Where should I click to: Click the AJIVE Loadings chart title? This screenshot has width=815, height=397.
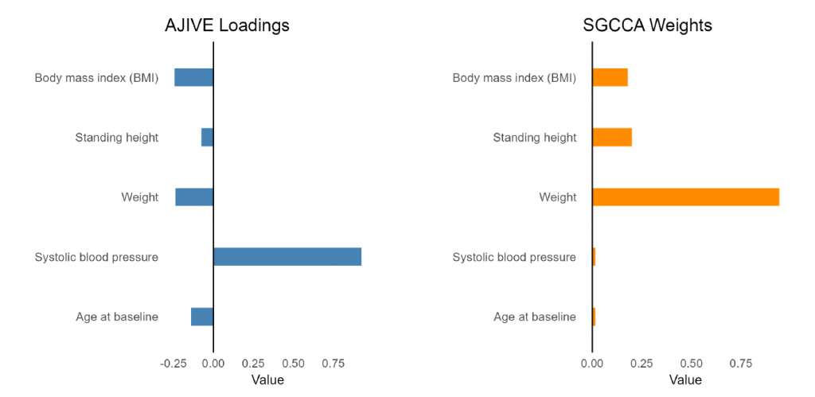227,25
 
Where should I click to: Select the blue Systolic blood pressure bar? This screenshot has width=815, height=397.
287,257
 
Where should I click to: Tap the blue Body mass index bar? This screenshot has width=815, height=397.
194,77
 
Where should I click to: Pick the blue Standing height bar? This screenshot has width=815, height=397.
208,137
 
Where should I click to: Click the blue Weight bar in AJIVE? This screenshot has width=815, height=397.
194,197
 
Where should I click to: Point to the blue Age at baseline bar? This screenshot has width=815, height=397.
202,317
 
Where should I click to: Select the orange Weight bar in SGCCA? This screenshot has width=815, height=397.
686,197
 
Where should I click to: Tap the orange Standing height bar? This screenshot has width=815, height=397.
612,137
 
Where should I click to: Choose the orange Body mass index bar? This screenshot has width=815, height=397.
610,77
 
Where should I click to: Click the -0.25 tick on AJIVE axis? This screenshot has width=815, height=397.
173,363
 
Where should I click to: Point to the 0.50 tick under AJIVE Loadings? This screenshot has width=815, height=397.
293,363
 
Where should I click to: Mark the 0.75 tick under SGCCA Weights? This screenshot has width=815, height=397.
741,363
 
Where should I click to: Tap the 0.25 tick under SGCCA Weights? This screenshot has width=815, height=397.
642,363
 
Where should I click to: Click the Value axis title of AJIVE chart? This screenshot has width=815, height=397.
267,379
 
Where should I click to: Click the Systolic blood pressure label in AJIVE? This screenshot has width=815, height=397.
96,257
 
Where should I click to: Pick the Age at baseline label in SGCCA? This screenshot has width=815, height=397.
535,317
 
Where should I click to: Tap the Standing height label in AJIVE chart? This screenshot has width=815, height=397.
117,138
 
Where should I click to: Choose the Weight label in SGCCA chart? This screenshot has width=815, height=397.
558,197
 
